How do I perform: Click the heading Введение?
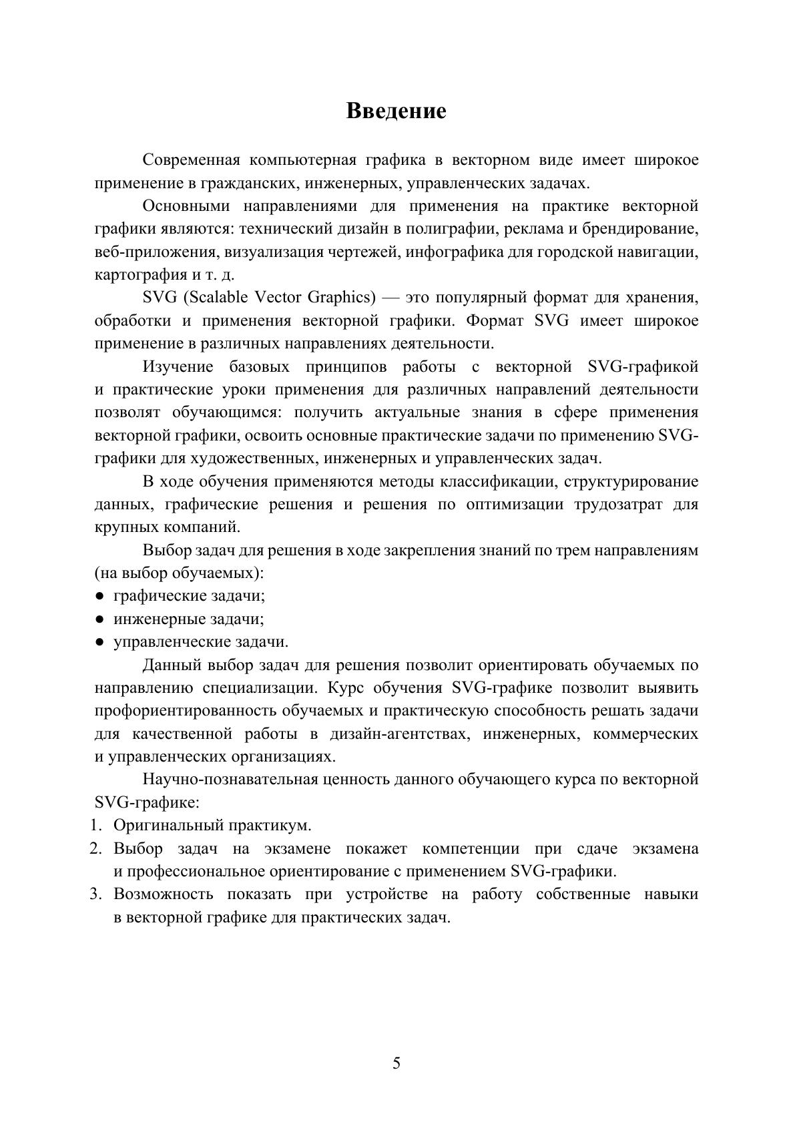pyautogui.click(x=396, y=111)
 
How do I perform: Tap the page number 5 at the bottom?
pyautogui.click(x=397, y=1063)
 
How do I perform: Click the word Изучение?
pyautogui.click(x=178, y=366)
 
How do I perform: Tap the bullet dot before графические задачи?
pyautogui.click(x=99, y=596)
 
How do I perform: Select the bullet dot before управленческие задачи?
pyautogui.click(x=99, y=642)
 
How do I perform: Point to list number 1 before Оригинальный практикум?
pyautogui.click(x=96, y=826)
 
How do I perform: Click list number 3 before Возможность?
pyautogui.click(x=96, y=894)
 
